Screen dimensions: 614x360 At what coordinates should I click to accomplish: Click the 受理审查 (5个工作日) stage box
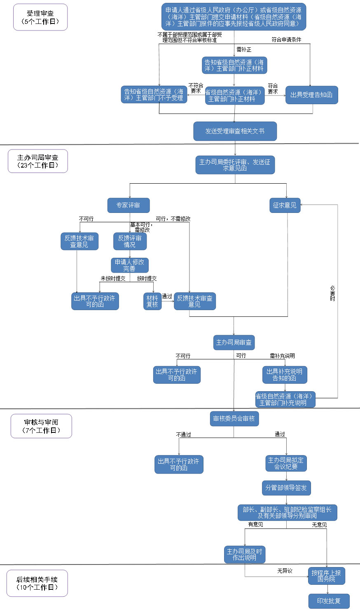(40, 17)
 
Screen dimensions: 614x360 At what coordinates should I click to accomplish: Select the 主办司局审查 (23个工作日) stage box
(37, 161)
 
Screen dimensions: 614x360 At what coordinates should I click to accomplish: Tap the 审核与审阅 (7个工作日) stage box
(41, 426)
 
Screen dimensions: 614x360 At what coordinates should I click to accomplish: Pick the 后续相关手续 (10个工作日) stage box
(37, 583)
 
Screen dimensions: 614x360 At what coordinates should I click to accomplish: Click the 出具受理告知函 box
(311, 95)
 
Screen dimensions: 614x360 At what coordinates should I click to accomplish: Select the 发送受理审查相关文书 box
(235, 131)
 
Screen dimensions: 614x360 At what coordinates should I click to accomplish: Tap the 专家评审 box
(128, 205)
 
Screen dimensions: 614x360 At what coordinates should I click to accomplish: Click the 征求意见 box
(285, 205)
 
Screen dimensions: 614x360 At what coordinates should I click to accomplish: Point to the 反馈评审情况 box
(130, 241)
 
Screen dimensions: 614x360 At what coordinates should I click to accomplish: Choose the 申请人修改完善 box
(130, 265)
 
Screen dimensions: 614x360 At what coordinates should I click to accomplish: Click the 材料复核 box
(152, 301)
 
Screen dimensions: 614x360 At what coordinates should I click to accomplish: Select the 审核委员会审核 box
(234, 418)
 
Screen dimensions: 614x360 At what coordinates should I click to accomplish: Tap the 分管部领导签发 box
(286, 488)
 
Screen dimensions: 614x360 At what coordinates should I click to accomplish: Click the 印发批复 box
(329, 601)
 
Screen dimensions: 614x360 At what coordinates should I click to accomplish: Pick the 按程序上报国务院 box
(326, 576)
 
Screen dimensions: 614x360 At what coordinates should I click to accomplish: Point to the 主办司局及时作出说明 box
(245, 554)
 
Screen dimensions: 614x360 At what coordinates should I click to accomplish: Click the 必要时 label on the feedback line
(332, 293)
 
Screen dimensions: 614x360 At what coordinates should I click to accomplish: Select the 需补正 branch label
(244, 49)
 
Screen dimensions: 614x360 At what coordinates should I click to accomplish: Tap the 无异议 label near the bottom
(285, 571)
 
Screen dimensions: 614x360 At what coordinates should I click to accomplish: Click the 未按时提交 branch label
(113, 278)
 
